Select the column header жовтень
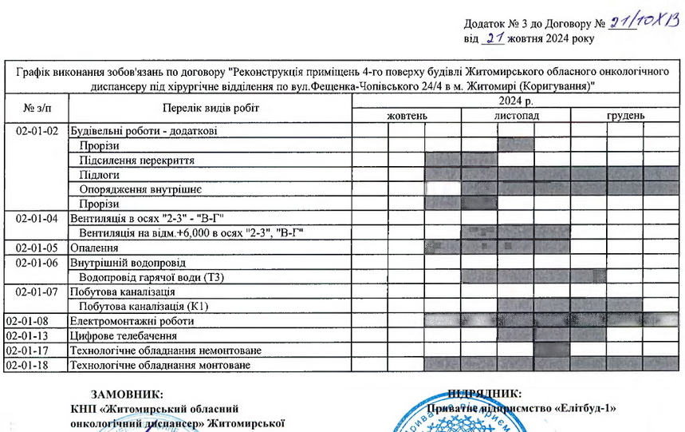tap(407, 117)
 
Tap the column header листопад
tap(516, 117)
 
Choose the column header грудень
tap(625, 117)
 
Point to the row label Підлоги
tap(99, 174)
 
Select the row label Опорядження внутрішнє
tap(140, 189)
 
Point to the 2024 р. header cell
tap(516, 101)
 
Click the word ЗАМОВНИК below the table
tap(128, 394)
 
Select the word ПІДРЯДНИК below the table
tap(485, 394)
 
